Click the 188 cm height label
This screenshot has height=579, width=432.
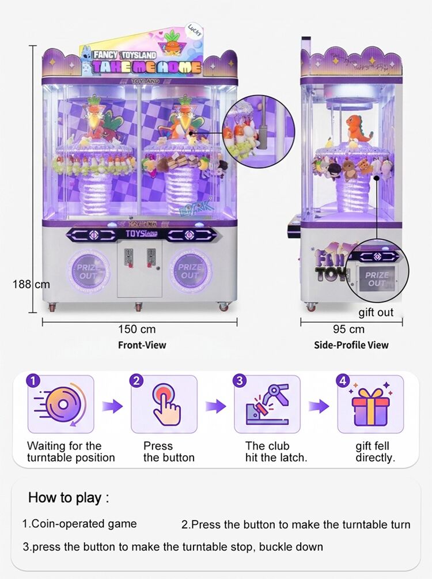pos(31,284)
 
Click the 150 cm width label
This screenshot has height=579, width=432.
pos(137,329)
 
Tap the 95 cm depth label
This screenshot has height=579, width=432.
pos(349,329)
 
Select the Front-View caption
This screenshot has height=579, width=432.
pos(142,345)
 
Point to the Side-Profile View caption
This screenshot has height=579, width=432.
pos(351,345)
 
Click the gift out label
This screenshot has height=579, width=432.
pos(376,312)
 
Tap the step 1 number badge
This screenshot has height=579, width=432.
pos(34,381)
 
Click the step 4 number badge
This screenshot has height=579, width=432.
pos(343,381)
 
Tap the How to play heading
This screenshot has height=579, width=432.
pos(69,497)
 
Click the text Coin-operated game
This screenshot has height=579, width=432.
pos(79,524)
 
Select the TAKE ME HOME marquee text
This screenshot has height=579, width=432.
pos(147,66)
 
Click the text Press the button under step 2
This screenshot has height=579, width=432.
pos(168,452)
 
